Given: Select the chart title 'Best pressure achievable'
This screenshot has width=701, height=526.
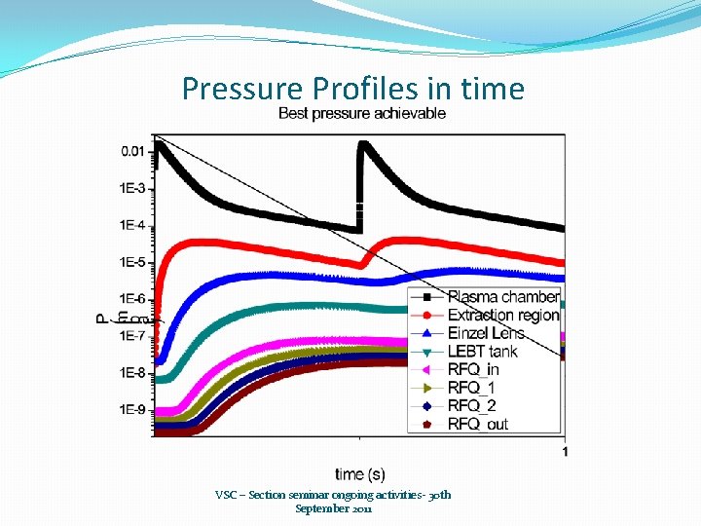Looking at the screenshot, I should point(362,113).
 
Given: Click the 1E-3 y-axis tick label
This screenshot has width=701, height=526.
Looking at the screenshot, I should point(133,188).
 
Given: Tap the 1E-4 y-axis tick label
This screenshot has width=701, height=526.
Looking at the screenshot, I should point(133,225).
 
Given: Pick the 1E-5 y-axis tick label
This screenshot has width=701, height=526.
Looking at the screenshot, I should point(133,262).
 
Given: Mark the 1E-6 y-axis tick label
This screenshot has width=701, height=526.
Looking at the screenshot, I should point(133,299).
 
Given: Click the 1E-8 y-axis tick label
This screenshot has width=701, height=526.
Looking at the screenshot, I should point(133,373).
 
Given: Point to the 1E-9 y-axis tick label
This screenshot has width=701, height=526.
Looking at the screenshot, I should point(133,410).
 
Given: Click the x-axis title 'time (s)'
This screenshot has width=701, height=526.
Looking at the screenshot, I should point(360,474).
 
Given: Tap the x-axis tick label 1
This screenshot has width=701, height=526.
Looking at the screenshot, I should point(565,451).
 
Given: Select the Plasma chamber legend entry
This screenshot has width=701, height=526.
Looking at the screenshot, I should point(502,297).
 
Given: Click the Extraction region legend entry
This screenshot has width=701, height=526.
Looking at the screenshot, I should point(502,316).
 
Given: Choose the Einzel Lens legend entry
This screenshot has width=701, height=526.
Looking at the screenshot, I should point(485,333).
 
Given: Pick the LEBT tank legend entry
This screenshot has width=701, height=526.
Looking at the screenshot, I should point(482,352).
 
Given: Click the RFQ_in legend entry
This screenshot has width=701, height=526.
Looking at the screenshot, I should point(472,370).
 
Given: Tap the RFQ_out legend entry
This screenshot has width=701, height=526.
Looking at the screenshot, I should point(477,424).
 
